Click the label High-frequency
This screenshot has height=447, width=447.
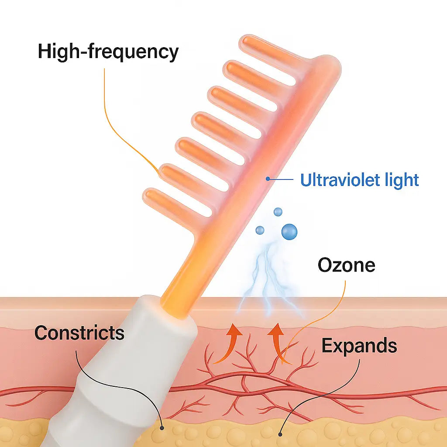tap(108, 52)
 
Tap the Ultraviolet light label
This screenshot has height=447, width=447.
tap(359, 180)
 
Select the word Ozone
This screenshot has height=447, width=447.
tap(346, 265)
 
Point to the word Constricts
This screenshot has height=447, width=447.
tap(79, 333)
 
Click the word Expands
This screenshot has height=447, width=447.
tap(359, 346)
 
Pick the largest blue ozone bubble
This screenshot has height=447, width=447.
tap(289, 231)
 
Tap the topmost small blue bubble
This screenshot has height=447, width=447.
tap(278, 212)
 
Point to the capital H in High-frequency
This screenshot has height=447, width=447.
tap(45, 52)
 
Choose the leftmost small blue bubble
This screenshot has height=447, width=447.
tap(260, 230)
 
